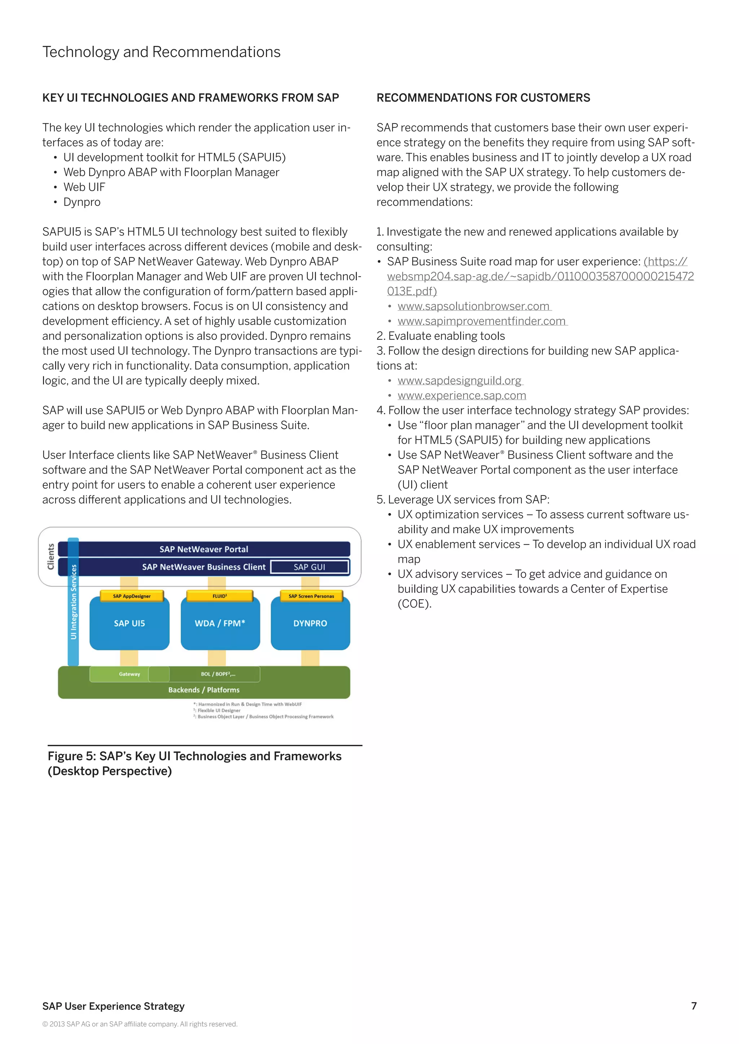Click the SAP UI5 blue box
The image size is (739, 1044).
tap(129, 623)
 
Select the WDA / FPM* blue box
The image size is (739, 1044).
tap(220, 623)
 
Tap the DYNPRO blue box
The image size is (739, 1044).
tap(310, 623)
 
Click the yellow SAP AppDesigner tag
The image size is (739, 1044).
tap(131, 596)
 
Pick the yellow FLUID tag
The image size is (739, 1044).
tap(220, 596)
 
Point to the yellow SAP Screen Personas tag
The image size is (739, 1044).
tap(311, 596)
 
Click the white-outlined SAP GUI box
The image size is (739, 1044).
tap(310, 567)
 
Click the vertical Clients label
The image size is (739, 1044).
tap(51, 557)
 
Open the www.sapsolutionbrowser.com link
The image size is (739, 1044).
tap(474, 306)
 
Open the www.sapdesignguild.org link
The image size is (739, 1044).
tap(460, 381)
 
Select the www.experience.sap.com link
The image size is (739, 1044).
tap(462, 395)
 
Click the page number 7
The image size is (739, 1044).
tap(694, 1006)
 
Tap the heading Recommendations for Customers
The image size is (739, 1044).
tap(483, 98)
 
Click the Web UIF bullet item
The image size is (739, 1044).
tap(84, 187)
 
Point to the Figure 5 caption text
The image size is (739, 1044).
tap(195, 764)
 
